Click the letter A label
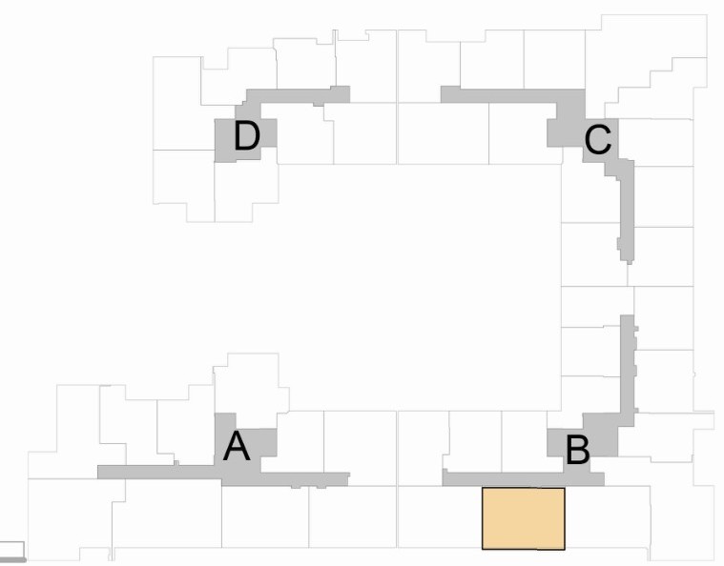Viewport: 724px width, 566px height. coord(237,446)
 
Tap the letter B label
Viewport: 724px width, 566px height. coord(578,450)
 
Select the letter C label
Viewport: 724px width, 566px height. coord(598,141)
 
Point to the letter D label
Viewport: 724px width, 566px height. coord(246,137)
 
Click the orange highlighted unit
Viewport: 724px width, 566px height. coord(524,518)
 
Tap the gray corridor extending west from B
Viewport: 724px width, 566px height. coord(496,477)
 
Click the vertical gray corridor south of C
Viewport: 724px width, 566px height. coord(625,205)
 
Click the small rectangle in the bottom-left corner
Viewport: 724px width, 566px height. coord(11,548)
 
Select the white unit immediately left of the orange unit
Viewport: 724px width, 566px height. coord(439,518)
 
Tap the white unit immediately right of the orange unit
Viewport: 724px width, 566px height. coord(607,518)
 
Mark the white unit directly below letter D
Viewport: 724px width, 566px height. coord(246,191)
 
